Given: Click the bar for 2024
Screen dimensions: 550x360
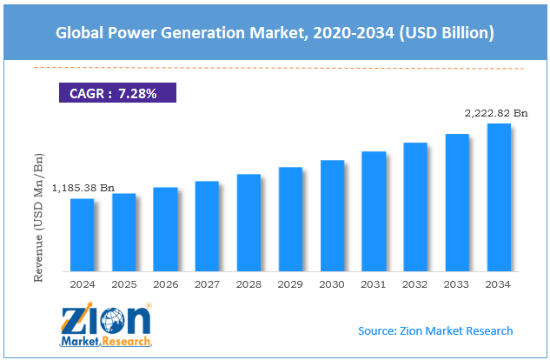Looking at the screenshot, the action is point(82,235).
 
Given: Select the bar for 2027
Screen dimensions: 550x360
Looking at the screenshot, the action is point(207,226).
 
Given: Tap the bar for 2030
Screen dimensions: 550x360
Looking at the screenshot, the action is point(332,216).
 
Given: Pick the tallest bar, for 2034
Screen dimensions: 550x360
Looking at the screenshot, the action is point(499,197).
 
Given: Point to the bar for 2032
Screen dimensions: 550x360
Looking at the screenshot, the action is point(415,207).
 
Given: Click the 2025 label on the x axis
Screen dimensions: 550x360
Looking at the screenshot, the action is point(124,284).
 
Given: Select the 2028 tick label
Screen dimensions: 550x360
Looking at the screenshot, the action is point(248,284).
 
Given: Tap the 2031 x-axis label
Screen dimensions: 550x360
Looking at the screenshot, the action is point(374,284).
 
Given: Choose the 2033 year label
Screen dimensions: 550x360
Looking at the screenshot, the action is point(456,284).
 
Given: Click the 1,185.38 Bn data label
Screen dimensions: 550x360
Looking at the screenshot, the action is point(83,188).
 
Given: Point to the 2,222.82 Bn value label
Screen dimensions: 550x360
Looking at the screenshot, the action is point(496,113).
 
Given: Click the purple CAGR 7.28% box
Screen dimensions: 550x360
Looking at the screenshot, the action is point(117,93).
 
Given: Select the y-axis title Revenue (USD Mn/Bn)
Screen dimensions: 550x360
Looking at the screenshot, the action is point(38,217).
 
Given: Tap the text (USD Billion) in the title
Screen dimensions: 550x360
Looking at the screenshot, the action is point(447,33).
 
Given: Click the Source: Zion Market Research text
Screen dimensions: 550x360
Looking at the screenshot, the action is point(435,330).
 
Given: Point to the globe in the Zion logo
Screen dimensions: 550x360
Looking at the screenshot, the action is point(112,321).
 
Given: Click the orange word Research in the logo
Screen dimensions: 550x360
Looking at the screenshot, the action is point(126,341).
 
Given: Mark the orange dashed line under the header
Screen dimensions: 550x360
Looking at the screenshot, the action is point(279,68).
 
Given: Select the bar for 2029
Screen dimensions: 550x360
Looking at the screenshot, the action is point(290,219).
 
